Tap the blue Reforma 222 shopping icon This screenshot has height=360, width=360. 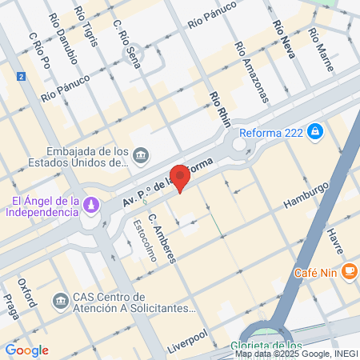316,130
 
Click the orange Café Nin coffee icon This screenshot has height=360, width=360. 348,271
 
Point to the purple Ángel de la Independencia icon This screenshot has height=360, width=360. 93,206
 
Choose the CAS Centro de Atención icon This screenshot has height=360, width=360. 60,301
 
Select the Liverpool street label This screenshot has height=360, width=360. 187,340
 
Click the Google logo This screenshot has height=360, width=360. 26,350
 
